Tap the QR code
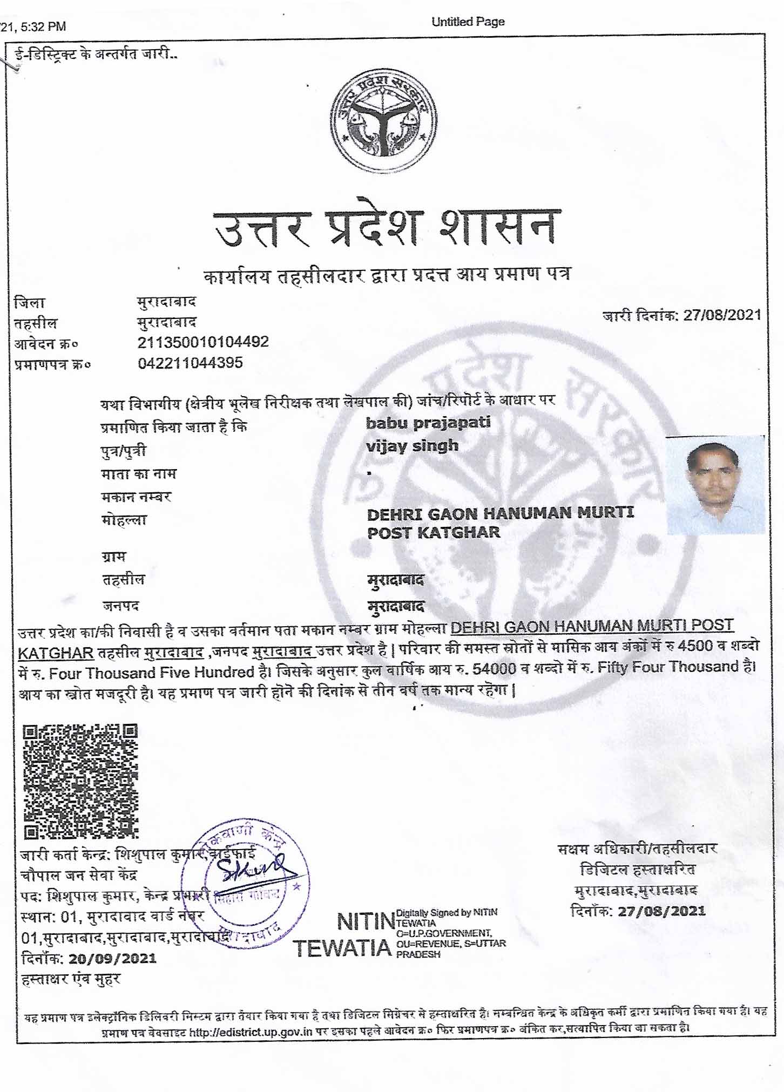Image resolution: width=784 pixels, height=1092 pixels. pyautogui.click(x=80, y=781)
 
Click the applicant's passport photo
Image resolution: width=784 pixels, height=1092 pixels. pyautogui.click(x=715, y=485)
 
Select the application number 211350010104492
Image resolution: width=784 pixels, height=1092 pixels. pyautogui.click(x=203, y=342)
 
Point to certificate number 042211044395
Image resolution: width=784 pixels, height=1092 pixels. pyautogui.click(x=190, y=363)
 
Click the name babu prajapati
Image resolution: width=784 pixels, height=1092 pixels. pyautogui.click(x=428, y=423)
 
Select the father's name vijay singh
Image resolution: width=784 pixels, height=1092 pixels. pyautogui.click(x=412, y=446)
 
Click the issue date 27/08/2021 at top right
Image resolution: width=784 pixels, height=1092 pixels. pyautogui.click(x=722, y=315)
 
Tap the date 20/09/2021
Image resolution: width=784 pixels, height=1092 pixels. pyautogui.click(x=112, y=958)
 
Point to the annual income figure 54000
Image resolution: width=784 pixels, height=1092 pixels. pyautogui.click(x=494, y=669)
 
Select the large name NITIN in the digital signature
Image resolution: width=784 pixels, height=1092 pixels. pyautogui.click(x=366, y=921)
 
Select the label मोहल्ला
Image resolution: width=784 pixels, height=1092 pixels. pyautogui.click(x=124, y=521)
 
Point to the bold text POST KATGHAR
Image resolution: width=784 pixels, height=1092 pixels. pyautogui.click(x=434, y=533)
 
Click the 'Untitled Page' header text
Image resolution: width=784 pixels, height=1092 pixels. pyautogui.click(x=468, y=22)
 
